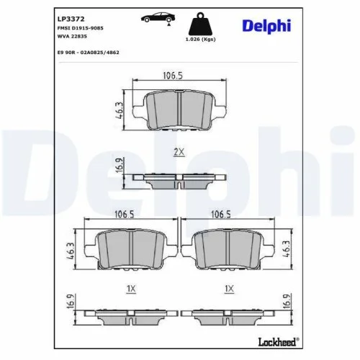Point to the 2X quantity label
(179, 152)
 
